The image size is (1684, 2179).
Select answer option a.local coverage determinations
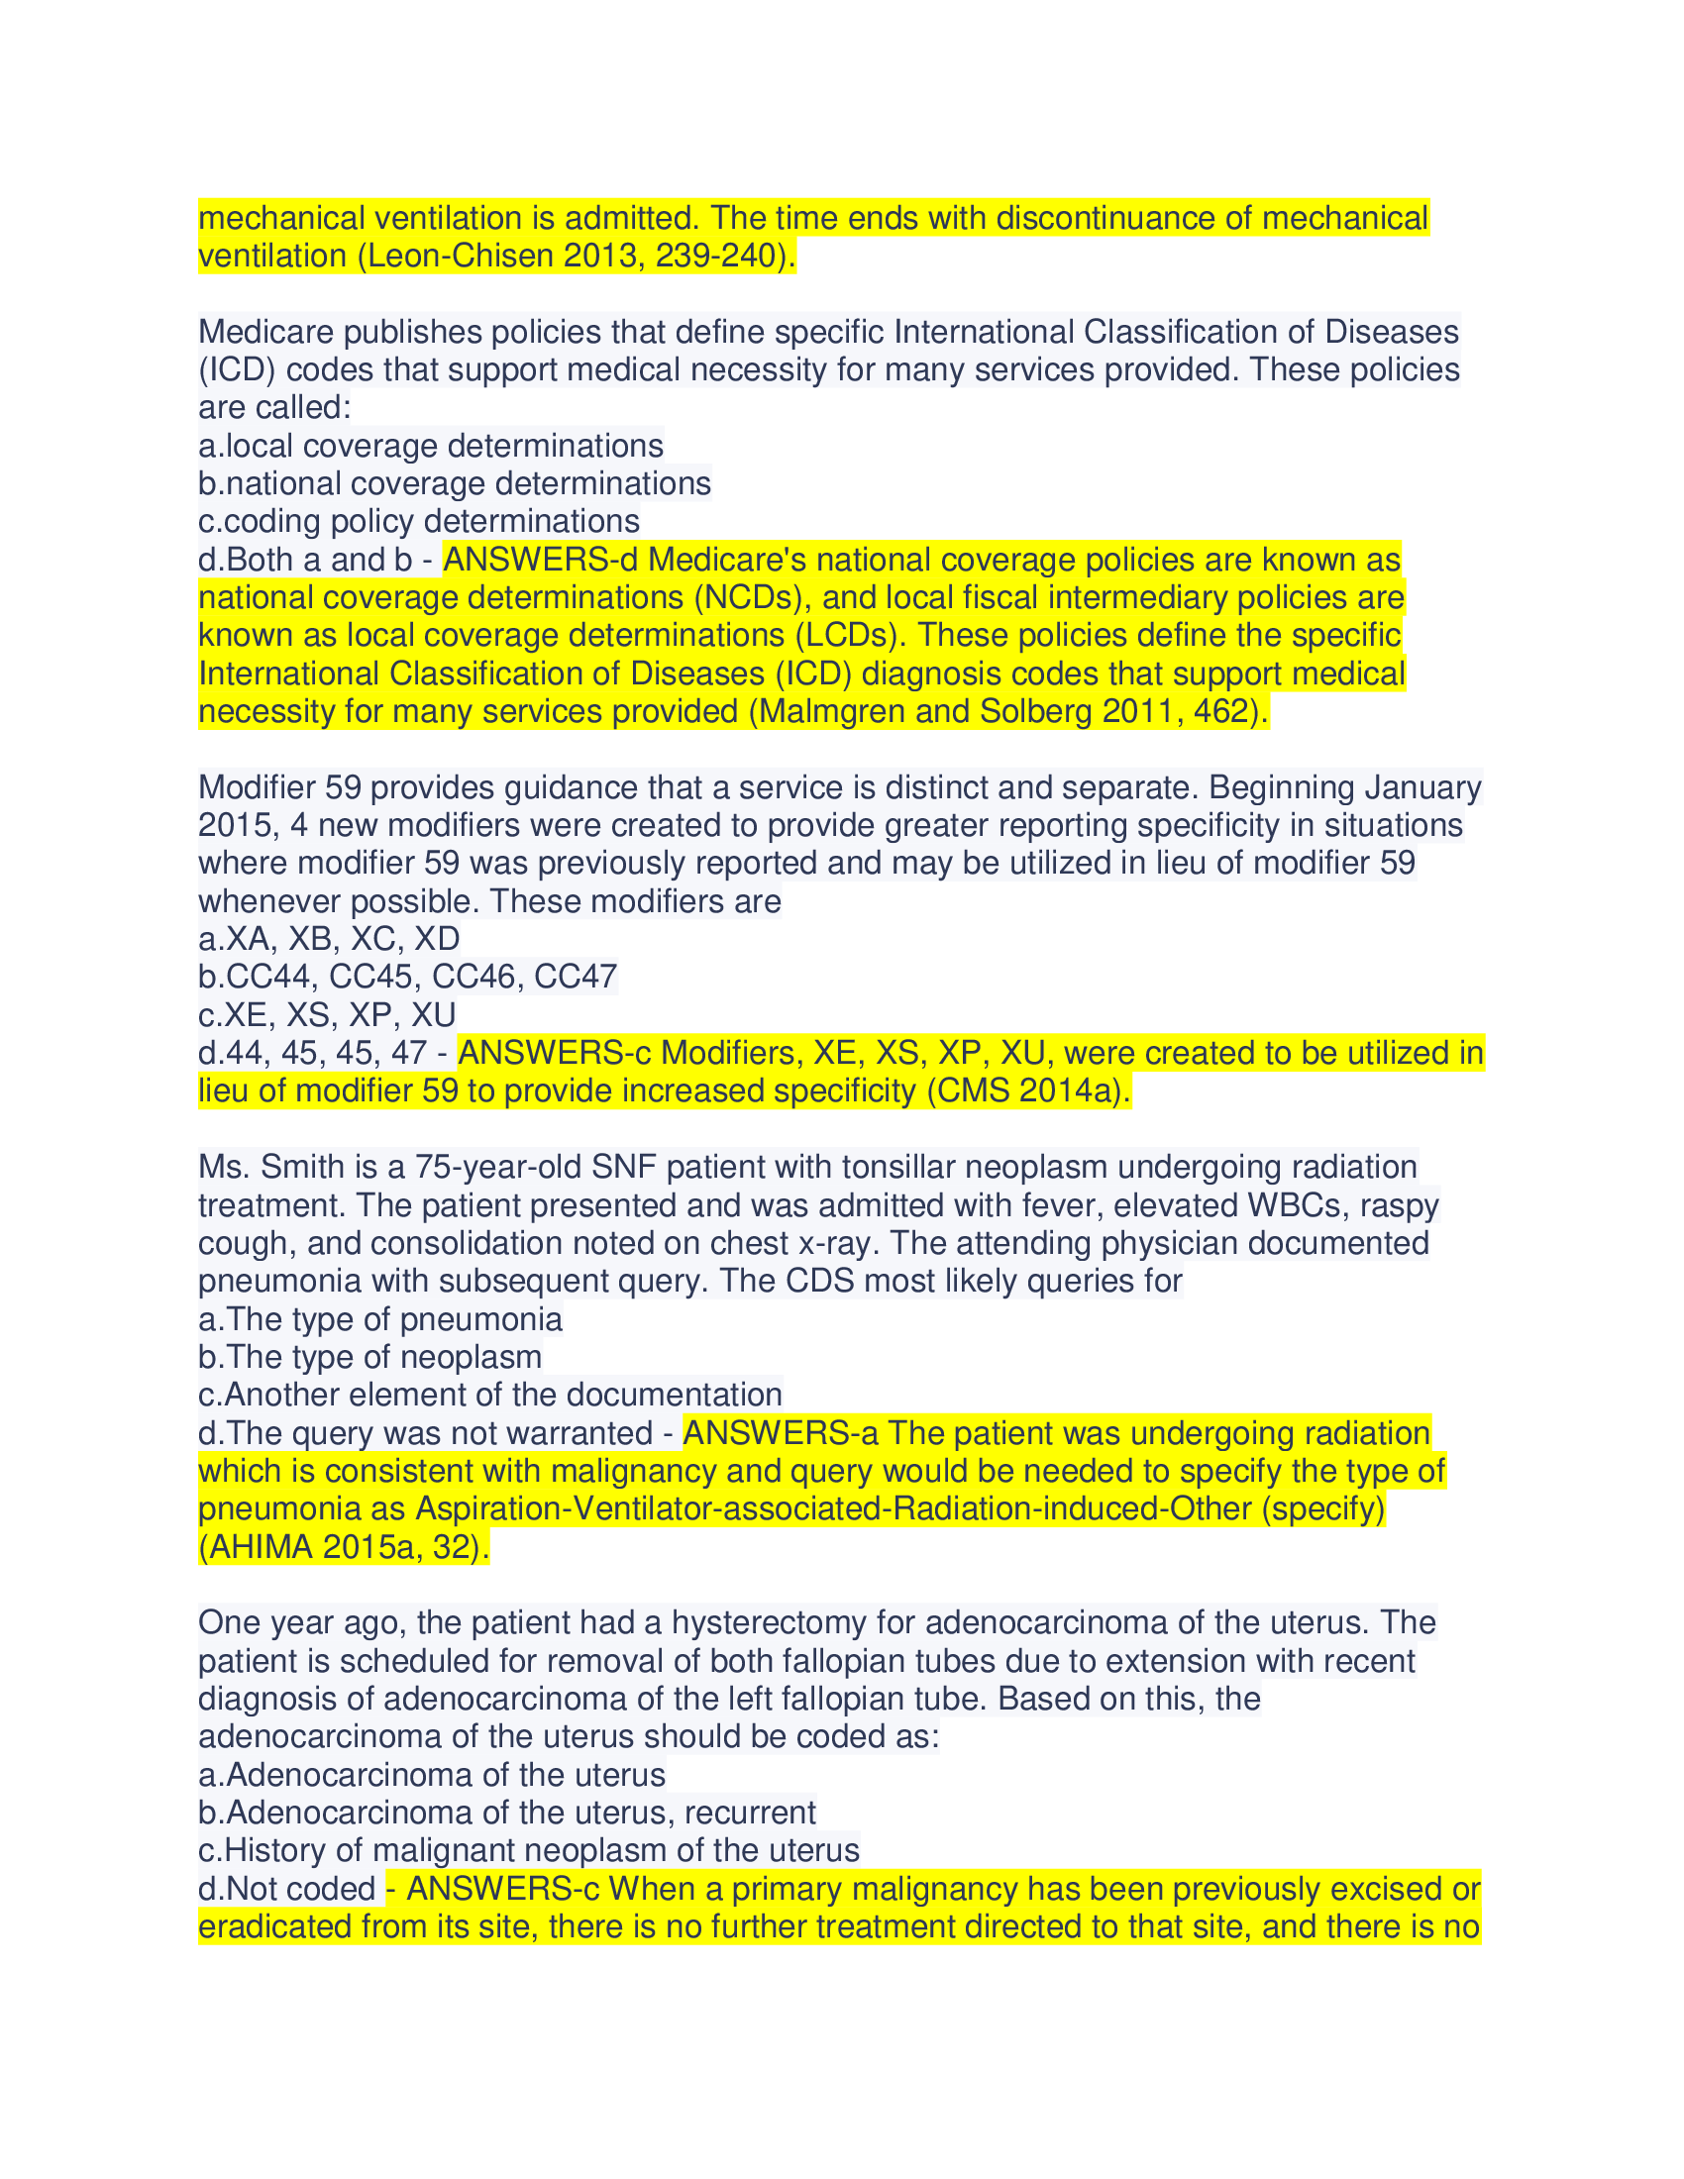point(430,445)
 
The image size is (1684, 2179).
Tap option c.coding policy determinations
point(418,521)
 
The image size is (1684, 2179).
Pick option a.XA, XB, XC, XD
point(328,939)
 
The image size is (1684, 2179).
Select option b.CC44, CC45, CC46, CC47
point(407,977)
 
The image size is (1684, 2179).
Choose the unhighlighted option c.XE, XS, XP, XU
point(326,1014)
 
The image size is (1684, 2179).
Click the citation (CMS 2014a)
point(1028,1091)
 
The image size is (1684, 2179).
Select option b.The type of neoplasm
point(369,1357)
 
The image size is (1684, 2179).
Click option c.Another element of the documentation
point(489,1395)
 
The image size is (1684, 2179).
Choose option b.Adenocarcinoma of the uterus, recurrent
point(506,1813)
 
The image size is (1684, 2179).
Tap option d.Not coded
point(286,1889)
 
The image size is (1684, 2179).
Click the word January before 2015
point(1422,787)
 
